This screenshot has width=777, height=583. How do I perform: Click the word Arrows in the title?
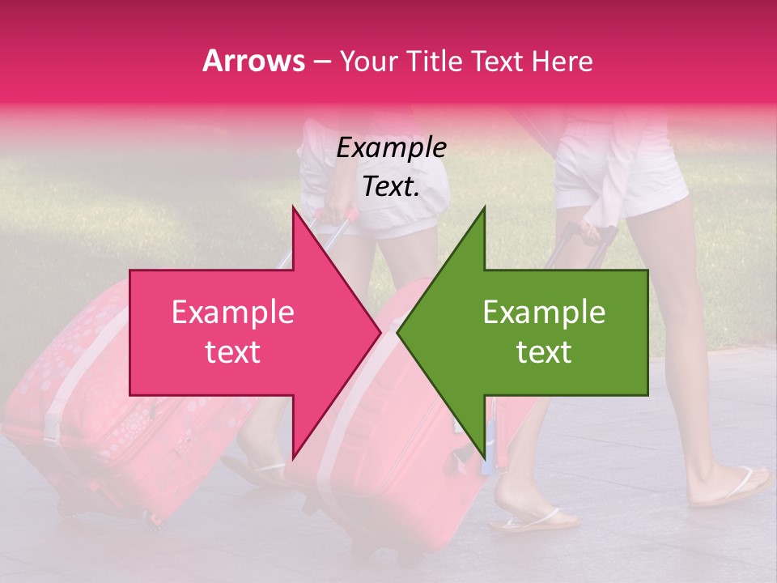coord(254,61)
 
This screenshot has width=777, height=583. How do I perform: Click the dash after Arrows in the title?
coord(321,62)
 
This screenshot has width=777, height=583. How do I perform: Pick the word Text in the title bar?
coord(499,62)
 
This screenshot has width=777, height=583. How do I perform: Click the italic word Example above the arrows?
coord(391,148)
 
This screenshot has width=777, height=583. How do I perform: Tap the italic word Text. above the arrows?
coord(391,187)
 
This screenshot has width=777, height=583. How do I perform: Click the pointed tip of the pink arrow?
coord(380,333)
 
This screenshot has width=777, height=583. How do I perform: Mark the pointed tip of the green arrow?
coord(398,333)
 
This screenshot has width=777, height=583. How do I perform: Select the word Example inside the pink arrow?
coord(232,313)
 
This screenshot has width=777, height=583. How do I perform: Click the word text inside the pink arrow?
coord(232,352)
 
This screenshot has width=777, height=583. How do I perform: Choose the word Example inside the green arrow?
coord(544,313)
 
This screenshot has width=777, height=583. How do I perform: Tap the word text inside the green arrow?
coord(544,352)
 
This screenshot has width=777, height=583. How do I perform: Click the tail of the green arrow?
coord(615,333)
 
